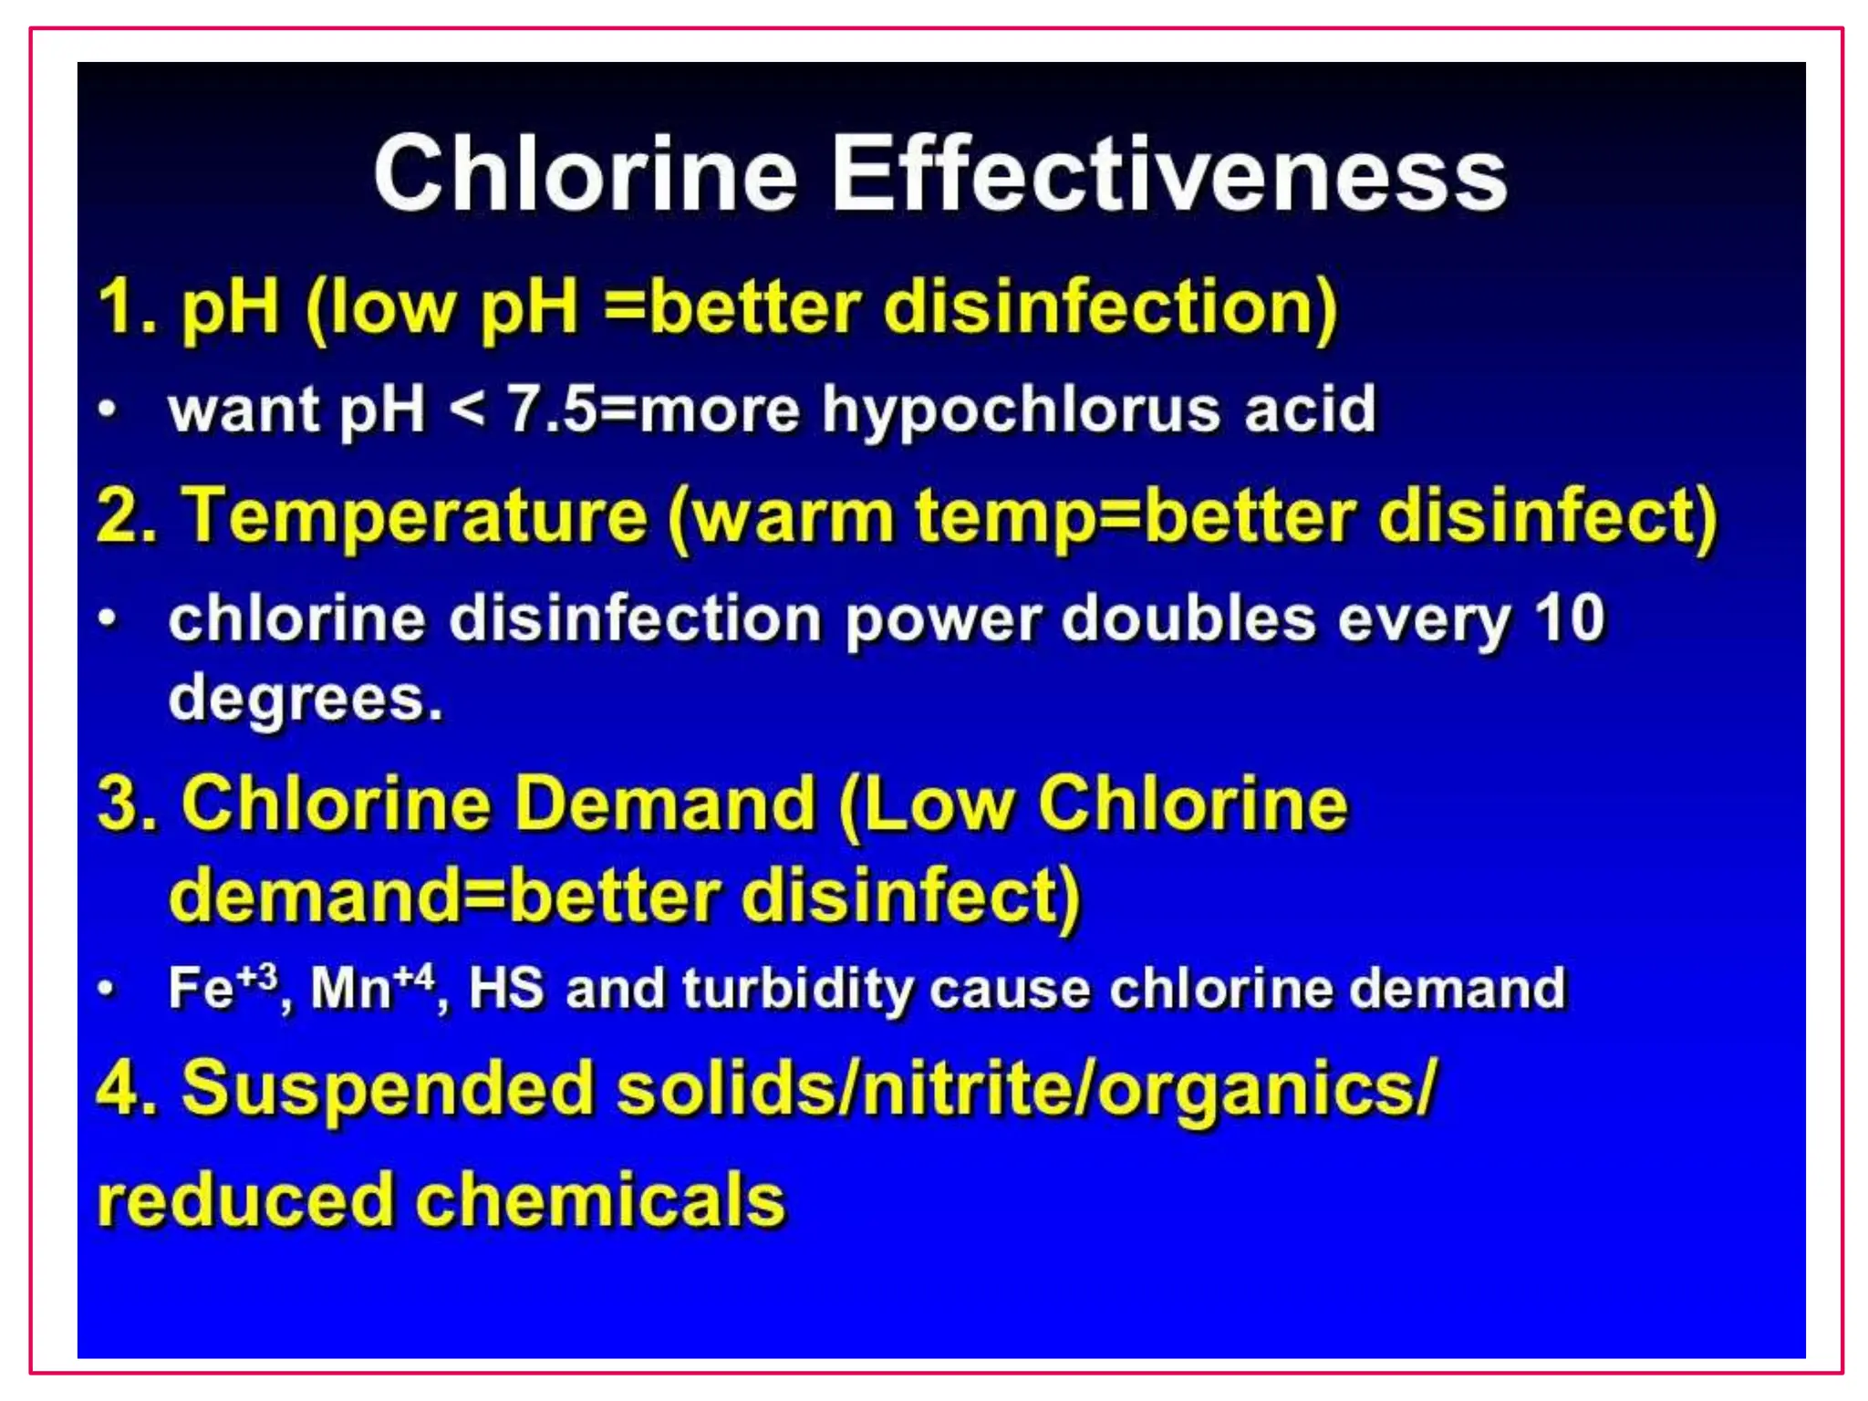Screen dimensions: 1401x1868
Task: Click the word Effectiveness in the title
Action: [x=1169, y=173]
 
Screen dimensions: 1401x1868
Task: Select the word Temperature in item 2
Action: [x=414, y=516]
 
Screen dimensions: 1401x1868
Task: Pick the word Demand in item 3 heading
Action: [x=665, y=804]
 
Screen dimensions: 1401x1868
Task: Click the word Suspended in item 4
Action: [x=387, y=1089]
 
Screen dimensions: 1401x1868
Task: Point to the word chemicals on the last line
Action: [x=601, y=1199]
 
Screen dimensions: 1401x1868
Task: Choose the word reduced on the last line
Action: [x=244, y=1199]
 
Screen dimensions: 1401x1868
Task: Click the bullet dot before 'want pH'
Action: [x=108, y=408]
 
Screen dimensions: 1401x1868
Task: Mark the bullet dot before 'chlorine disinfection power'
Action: [x=108, y=618]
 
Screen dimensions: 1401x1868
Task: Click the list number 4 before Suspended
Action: [x=119, y=1087]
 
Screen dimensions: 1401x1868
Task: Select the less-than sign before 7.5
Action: [x=467, y=410]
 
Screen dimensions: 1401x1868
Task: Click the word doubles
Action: [x=1188, y=618]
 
